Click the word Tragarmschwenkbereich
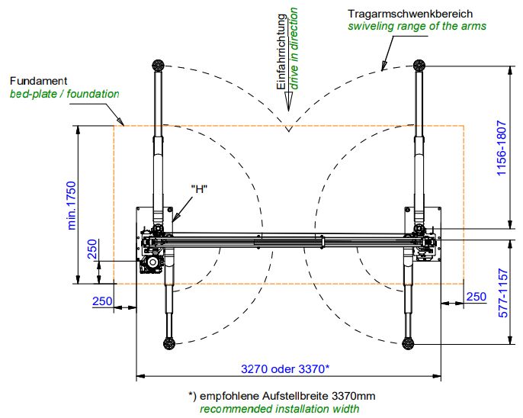point(410,14)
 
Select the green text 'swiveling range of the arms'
point(417,26)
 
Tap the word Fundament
point(38,81)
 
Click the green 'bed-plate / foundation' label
point(64,94)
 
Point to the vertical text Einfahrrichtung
point(281,52)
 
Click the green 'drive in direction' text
point(294,48)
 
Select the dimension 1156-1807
point(502,148)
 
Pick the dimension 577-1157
point(503,293)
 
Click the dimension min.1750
point(72,205)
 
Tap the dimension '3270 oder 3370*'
point(285,369)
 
